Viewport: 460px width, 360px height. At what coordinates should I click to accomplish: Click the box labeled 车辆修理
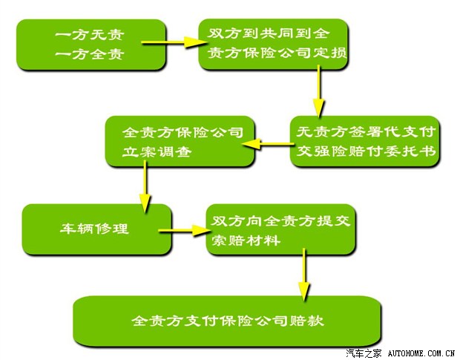[96, 229]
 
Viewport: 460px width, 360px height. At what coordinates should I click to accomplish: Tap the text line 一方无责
[90, 35]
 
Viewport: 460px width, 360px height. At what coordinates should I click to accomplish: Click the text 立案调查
[157, 152]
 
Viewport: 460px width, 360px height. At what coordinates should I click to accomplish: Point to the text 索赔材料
[246, 240]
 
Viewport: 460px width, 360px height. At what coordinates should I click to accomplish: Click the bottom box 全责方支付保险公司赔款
[227, 321]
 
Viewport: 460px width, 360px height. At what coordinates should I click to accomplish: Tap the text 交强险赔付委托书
[366, 151]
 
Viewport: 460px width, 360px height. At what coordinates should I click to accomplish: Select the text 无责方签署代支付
[366, 131]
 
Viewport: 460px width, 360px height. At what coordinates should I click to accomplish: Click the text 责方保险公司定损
[277, 53]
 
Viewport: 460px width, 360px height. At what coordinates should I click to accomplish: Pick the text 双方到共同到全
[268, 33]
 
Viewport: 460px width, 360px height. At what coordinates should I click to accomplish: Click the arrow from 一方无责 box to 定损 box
[174, 42]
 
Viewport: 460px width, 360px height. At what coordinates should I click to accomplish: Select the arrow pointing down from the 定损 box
[318, 91]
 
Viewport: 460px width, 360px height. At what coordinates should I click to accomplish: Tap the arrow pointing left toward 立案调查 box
[268, 144]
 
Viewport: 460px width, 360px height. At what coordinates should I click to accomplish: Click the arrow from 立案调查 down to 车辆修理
[145, 186]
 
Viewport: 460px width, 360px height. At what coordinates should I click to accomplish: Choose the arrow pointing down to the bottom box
[304, 275]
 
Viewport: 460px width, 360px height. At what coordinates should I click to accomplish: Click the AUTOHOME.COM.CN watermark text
[421, 353]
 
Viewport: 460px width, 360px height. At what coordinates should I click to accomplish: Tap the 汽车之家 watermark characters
[364, 353]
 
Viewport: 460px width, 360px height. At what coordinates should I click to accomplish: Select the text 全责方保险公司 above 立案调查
[183, 132]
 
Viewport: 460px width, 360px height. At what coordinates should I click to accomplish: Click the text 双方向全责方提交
[280, 221]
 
